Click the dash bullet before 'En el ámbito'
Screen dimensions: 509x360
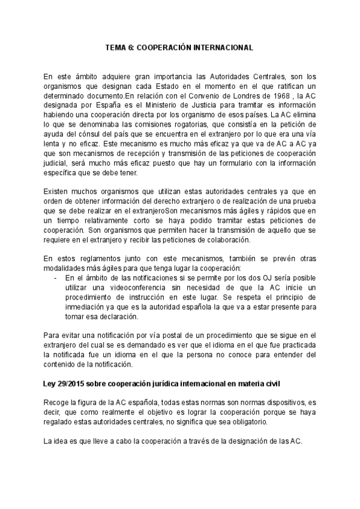point(55,279)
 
